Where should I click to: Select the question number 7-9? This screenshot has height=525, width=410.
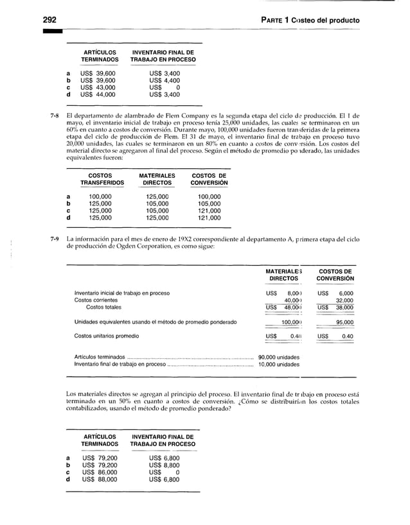point(55,239)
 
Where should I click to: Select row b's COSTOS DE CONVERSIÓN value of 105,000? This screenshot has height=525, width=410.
point(209,203)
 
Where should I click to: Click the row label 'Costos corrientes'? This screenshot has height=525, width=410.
point(96,300)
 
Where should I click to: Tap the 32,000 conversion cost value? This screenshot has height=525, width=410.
point(344,300)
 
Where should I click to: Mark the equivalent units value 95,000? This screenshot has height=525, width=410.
point(344,322)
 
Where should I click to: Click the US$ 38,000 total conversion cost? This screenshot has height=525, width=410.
point(335,307)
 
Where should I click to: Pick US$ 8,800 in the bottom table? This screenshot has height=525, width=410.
point(165,465)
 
